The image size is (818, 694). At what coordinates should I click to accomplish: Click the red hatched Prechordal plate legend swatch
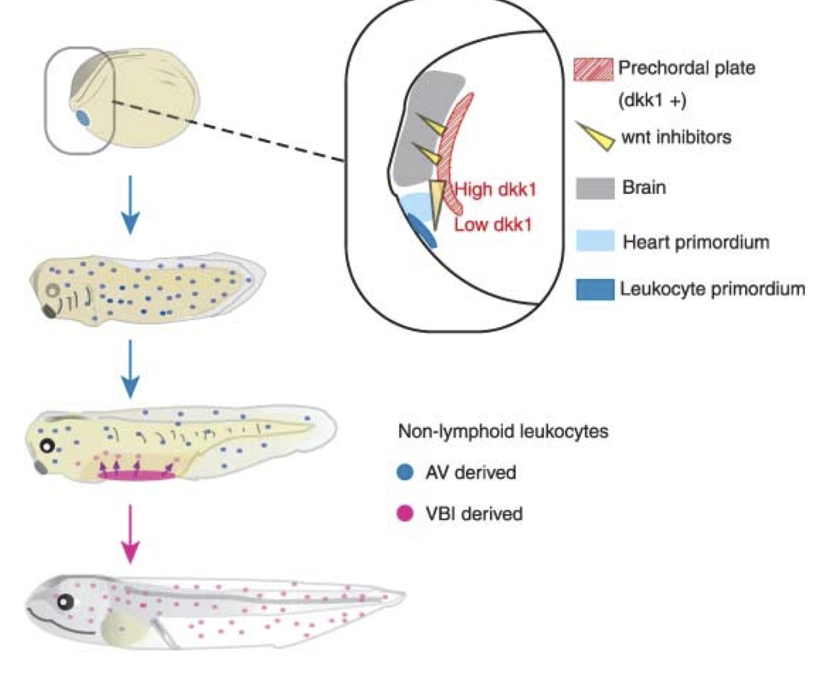point(593,69)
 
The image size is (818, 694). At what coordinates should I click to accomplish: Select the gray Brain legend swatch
point(595,188)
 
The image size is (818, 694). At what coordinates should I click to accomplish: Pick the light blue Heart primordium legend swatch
point(595,242)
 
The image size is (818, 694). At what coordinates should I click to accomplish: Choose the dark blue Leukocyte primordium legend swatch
point(595,290)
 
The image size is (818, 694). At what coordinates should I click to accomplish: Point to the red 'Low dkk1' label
point(493,225)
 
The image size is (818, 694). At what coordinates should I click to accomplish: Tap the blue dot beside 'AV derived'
point(405,472)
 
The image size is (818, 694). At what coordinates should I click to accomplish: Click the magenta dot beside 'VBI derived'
point(405,513)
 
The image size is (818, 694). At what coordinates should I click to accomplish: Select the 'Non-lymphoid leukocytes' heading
point(503,431)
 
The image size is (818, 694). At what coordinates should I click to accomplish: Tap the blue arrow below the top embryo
point(130,204)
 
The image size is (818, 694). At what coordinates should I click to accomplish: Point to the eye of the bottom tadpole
point(65,602)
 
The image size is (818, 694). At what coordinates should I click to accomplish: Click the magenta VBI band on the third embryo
point(137,476)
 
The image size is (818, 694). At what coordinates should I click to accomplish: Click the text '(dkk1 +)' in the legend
point(652,100)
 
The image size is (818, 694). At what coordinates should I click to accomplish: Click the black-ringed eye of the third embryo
point(47,446)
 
